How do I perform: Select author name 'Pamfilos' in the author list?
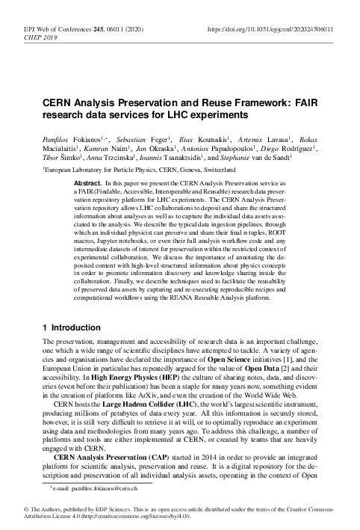pyautogui.click(x=57, y=139)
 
